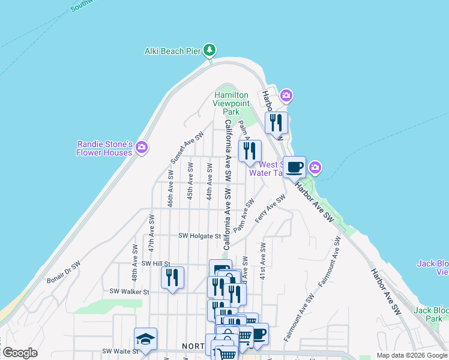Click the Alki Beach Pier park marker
pos(209,50)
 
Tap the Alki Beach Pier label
pos(172,51)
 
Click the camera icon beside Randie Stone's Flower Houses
pos(142,147)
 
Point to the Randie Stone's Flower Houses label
pos(104,148)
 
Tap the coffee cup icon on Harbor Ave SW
pos(294,167)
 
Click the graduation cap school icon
pos(145,339)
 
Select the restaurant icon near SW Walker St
pos(172,277)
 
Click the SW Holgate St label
pos(200,236)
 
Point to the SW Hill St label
pos(156,263)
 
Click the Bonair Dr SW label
pos(64,273)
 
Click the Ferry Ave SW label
pos(270,209)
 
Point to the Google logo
pos(20,353)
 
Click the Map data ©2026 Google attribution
pos(412,355)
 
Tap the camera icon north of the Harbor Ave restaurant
pos(286,95)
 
